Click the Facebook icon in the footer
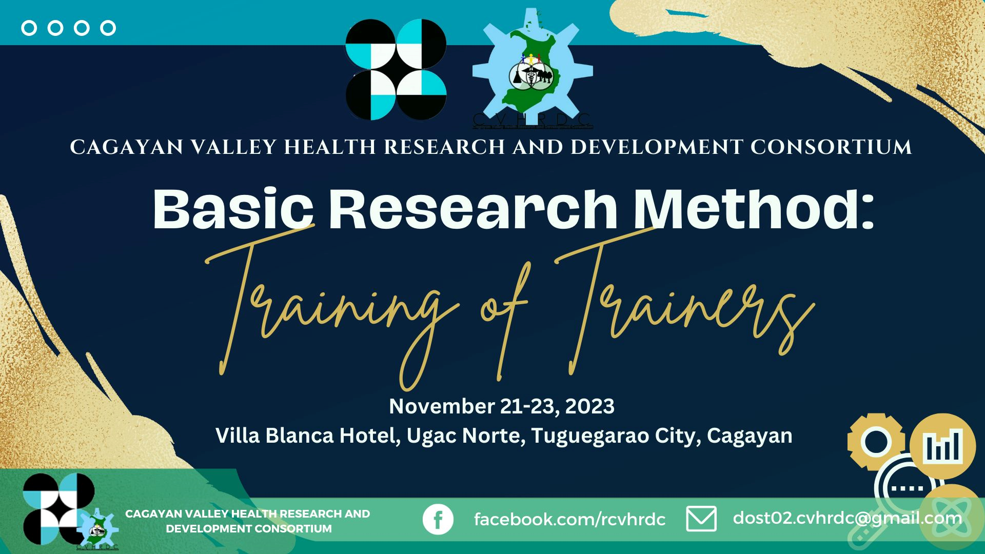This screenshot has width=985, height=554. tap(438, 519)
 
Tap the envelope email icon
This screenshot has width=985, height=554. tap(701, 519)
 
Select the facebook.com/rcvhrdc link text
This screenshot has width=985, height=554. tap(569, 519)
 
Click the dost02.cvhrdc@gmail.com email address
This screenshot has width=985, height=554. tap(847, 518)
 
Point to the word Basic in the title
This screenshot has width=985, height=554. tap(233, 209)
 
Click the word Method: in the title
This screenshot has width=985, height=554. tap(754, 208)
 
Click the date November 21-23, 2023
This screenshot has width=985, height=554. tap(502, 406)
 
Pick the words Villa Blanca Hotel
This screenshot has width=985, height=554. tap(308, 436)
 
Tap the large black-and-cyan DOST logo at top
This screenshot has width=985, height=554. tap(396, 70)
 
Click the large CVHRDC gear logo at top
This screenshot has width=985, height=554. tap(533, 69)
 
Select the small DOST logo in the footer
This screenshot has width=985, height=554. tap(58, 509)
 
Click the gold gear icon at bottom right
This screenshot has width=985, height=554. tap(876, 441)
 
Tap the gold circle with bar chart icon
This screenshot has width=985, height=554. tap(942, 446)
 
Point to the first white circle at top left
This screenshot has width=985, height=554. tap(29, 28)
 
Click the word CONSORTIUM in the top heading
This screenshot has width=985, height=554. tap(831, 147)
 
